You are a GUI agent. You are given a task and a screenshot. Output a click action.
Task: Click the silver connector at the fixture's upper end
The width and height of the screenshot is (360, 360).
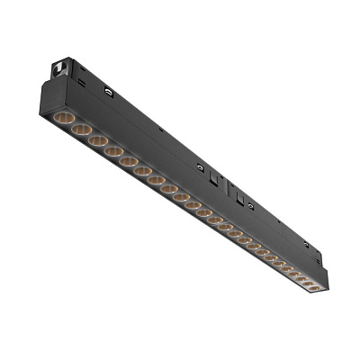click(x=61, y=67)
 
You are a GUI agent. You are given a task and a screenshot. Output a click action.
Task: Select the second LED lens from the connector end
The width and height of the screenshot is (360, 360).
click(x=80, y=130)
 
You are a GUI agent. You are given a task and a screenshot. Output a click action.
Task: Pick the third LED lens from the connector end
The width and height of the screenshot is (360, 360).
click(x=95, y=140)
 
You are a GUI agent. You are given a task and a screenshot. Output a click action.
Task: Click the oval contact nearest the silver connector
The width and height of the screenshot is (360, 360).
click(x=107, y=93)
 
